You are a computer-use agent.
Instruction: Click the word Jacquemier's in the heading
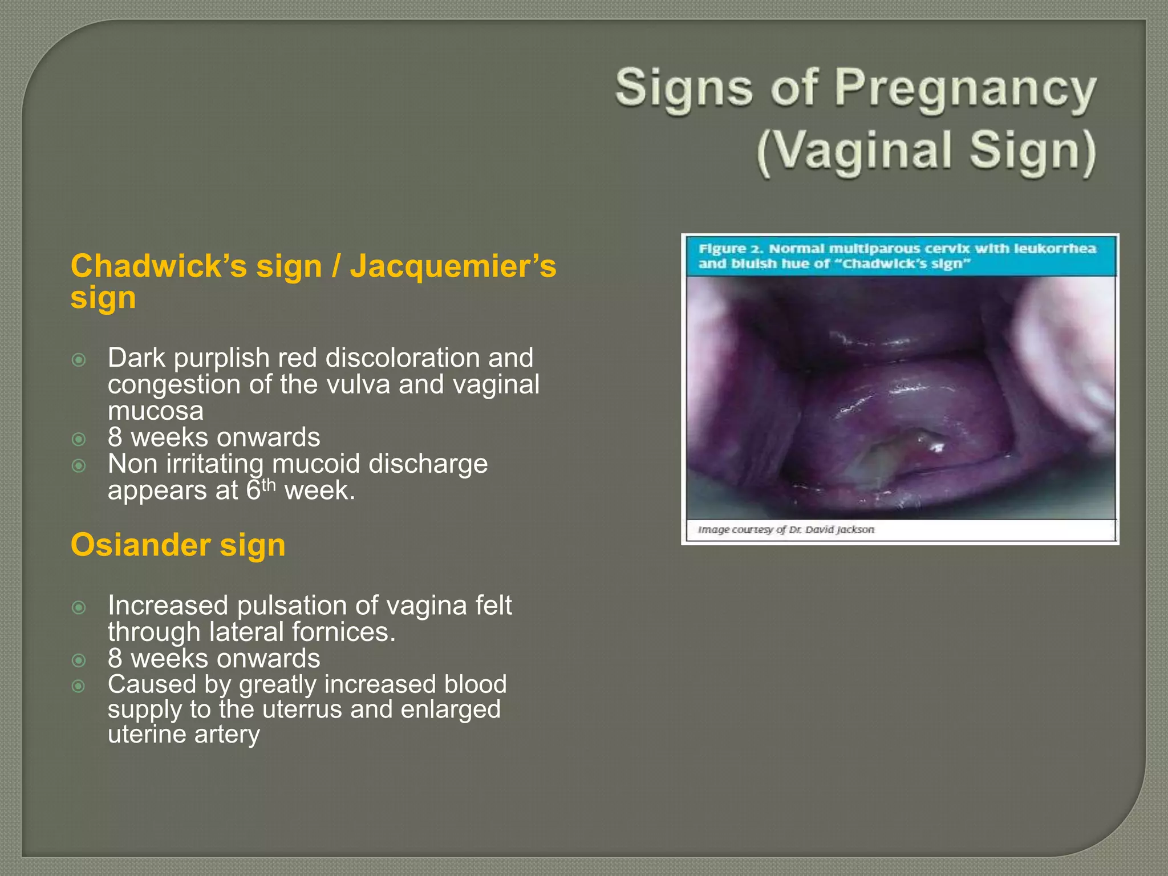[453, 266]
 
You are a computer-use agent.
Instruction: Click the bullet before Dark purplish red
[79, 360]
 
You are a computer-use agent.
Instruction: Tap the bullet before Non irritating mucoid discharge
[79, 466]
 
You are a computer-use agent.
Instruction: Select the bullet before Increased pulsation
[79, 607]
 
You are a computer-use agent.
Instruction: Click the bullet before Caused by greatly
[79, 686]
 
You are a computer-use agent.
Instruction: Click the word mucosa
[155, 411]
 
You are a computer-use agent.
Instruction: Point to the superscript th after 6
[268, 485]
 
